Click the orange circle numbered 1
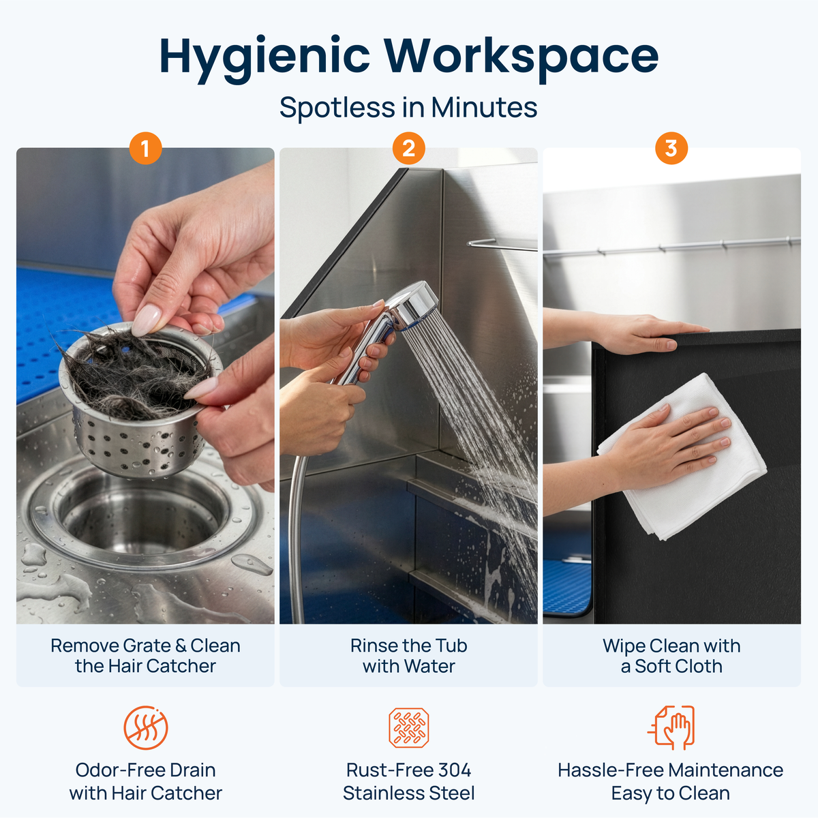coord(146,149)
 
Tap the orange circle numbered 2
coord(408,149)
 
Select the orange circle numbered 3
coord(671,149)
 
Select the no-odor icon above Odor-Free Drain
coord(146,727)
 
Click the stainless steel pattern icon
coord(408,727)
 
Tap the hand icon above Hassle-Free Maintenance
coord(671,727)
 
